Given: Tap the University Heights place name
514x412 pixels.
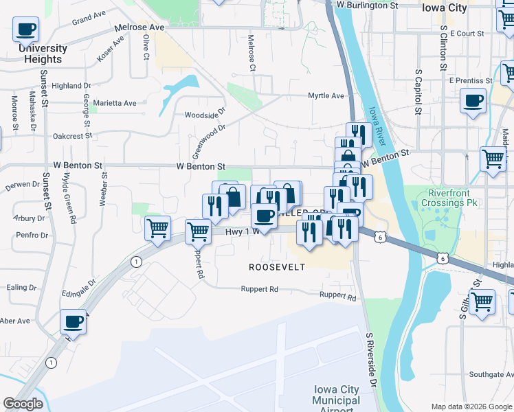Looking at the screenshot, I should (43, 54).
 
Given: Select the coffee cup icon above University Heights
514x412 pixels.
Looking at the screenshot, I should (25, 30).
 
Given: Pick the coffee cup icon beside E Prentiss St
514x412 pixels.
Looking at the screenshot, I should (473, 102).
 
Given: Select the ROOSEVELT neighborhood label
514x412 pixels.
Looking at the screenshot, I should (276, 266).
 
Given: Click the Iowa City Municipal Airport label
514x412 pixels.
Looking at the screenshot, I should (335, 396).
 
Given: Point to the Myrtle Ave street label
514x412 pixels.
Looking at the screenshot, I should (326, 95).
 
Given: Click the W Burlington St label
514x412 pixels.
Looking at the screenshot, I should (368, 5).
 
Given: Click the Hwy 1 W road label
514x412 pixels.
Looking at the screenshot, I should (241, 232).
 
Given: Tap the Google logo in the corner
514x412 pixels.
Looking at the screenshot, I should (23, 404).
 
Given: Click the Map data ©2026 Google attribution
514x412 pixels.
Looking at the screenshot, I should (471, 407).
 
